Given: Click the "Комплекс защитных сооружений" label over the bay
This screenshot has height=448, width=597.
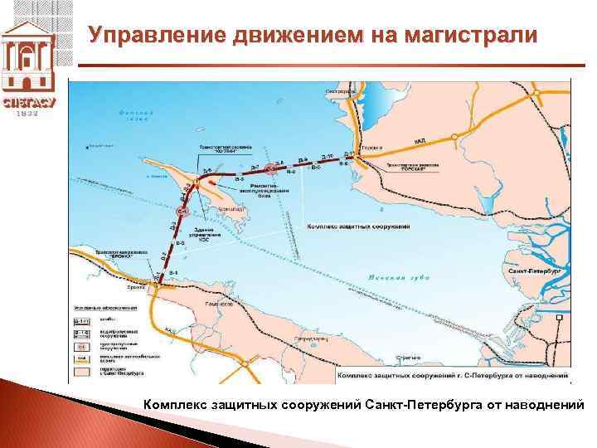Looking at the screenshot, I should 358,226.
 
